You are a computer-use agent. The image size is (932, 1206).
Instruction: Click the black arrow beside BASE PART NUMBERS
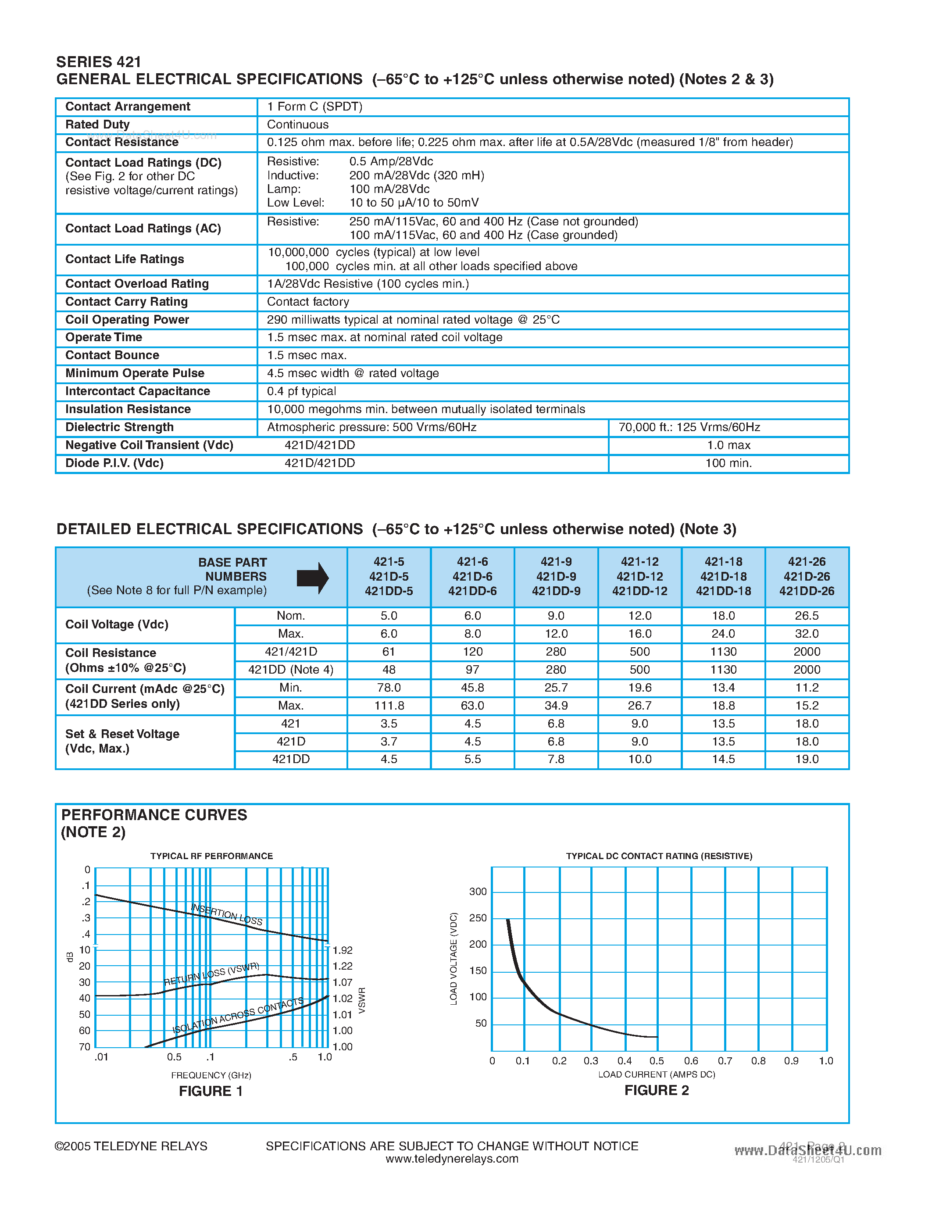pos(313,578)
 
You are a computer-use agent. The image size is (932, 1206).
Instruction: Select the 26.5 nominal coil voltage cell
pos(806,616)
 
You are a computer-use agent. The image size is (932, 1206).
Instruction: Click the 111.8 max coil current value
pos(389,706)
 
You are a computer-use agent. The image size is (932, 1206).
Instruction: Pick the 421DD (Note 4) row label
pos(290,670)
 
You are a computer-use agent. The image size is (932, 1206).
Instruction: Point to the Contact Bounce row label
pos(112,355)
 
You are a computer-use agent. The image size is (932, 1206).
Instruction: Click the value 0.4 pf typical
pos(301,391)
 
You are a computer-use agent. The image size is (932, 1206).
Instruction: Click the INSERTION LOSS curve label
pos(226,914)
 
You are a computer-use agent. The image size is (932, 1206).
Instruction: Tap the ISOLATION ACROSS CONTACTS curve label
pos(238,1016)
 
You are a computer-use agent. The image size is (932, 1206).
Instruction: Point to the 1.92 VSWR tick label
pos(343,950)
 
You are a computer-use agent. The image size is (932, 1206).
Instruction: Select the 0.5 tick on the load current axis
pos(657,1061)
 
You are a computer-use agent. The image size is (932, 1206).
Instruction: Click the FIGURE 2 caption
pos(657,1090)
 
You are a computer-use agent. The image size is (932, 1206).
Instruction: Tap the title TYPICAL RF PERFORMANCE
pos(211,856)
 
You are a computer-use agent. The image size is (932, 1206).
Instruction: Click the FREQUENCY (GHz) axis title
pos(211,1075)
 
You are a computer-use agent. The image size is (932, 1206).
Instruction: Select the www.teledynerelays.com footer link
pos(452,1159)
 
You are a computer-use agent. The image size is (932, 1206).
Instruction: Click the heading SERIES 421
pos(99,62)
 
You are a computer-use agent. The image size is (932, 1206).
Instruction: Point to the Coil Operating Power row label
pos(127,320)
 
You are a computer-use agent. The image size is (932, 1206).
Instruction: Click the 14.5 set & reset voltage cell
pos(723,759)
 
